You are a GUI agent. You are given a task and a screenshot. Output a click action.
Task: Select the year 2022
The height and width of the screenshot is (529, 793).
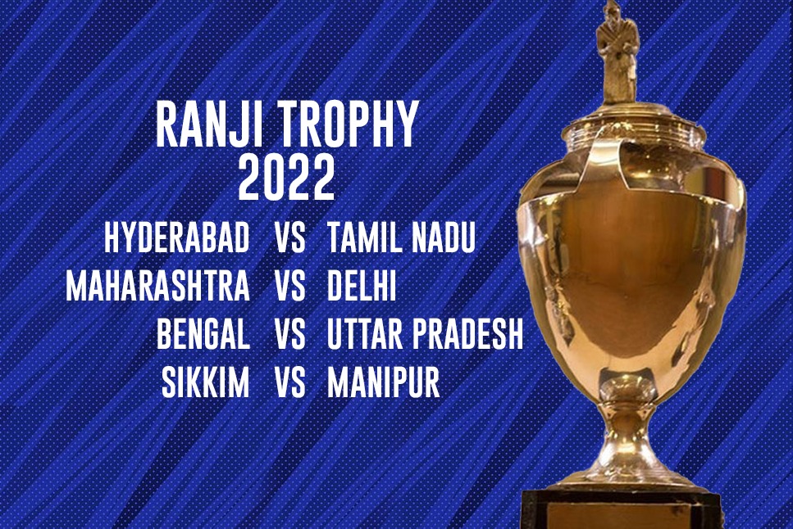(286, 178)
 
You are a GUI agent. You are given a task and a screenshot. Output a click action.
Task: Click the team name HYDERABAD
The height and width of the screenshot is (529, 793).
(177, 237)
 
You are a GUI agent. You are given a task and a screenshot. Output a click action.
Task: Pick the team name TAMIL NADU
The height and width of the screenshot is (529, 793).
(402, 237)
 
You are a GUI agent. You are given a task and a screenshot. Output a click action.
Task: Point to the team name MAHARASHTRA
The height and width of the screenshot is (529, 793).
(157, 286)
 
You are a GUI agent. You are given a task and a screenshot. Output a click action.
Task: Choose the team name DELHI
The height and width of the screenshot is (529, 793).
(362, 286)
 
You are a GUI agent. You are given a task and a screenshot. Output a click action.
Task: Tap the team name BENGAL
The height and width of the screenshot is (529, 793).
(203, 333)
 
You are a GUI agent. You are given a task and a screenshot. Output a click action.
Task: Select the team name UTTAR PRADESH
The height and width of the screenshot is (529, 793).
(425, 333)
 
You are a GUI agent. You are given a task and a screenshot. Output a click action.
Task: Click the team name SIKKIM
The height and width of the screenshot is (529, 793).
(205, 382)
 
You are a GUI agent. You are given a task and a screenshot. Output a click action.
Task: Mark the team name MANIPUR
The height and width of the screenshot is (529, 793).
(383, 382)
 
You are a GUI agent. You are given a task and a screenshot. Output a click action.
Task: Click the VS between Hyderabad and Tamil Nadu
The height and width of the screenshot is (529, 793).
(290, 237)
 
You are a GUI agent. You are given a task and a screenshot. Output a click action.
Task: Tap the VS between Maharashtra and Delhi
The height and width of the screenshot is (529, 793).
(290, 286)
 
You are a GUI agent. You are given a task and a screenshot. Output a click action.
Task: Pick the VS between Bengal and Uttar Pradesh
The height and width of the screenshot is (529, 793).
(290, 333)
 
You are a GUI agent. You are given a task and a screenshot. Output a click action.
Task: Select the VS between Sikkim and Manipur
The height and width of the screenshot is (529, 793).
(290, 382)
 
